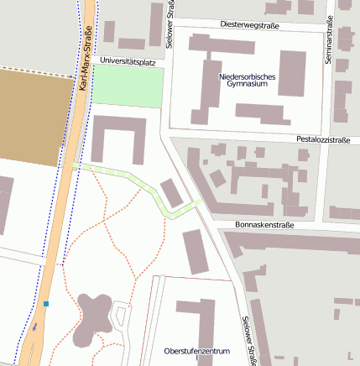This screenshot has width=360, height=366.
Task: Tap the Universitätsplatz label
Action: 128,61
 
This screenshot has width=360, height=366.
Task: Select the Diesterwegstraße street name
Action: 249,26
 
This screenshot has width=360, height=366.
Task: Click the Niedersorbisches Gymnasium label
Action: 248,81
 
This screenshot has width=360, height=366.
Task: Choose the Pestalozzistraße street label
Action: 323,139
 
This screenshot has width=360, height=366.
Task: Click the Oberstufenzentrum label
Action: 196,350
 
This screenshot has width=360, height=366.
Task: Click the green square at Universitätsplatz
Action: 127,86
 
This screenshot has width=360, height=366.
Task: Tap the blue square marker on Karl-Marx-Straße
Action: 47,304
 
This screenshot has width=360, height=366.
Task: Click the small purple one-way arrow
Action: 35,327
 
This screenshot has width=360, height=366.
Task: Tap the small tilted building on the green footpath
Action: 171,193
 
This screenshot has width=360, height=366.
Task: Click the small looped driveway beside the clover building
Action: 123,318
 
